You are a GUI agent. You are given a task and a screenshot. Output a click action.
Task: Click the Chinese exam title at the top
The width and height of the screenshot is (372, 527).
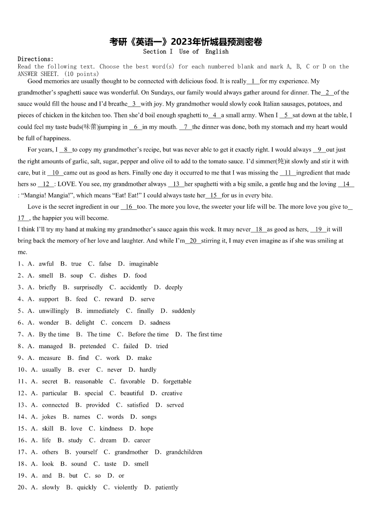click(x=186, y=42)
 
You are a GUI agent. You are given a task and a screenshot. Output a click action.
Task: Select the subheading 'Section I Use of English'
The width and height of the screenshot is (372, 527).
click(x=186, y=52)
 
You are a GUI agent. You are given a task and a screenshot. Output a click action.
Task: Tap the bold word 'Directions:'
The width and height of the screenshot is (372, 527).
click(x=36, y=59)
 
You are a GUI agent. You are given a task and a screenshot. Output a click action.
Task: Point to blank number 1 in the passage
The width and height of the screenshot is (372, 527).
click(x=253, y=81)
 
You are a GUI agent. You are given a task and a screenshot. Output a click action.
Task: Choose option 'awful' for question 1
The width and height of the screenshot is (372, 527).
click(x=46, y=264)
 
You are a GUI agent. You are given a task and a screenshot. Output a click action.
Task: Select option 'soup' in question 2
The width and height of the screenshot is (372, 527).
click(x=76, y=275)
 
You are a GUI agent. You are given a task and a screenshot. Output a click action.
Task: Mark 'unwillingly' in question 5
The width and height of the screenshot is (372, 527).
click(x=54, y=311)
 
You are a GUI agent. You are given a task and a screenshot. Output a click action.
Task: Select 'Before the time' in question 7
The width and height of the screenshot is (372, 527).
click(x=148, y=334)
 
